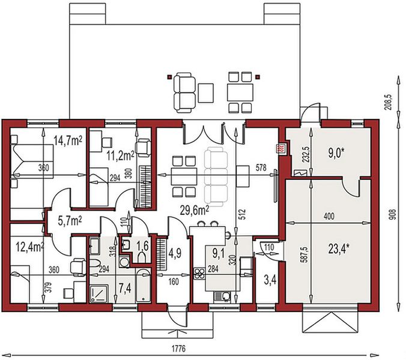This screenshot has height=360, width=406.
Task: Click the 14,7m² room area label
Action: [68, 141]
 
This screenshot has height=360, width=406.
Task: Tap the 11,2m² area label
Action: [120, 156]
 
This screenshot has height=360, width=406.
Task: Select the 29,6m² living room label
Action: [195, 211]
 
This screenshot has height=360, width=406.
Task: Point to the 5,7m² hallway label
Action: [70, 221]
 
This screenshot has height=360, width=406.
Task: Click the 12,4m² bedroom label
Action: [30, 247]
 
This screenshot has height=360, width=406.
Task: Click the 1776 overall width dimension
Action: [178, 349]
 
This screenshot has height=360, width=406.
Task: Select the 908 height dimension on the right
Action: [393, 215]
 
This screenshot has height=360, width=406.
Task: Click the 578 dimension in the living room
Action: [261, 167]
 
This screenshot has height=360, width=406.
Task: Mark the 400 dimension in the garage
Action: [329, 216]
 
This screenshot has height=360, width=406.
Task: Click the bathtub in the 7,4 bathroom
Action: [143, 286]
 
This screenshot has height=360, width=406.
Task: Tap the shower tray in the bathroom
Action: [99, 294]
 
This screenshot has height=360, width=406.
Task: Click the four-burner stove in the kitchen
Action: [199, 274]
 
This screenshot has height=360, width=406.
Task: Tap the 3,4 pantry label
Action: [270, 280]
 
